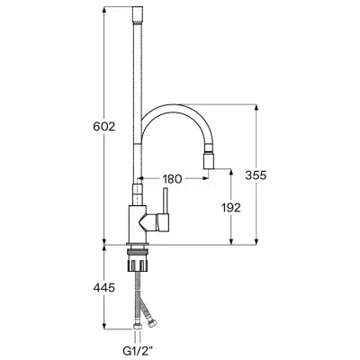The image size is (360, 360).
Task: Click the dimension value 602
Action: click(104, 127)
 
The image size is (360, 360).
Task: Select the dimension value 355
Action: click(256, 175)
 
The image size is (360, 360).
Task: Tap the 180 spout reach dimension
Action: click(172, 179)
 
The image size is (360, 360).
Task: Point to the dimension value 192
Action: click(231, 207)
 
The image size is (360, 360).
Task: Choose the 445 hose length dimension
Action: click(103, 288)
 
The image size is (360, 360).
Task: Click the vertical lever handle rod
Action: click(165, 201)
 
